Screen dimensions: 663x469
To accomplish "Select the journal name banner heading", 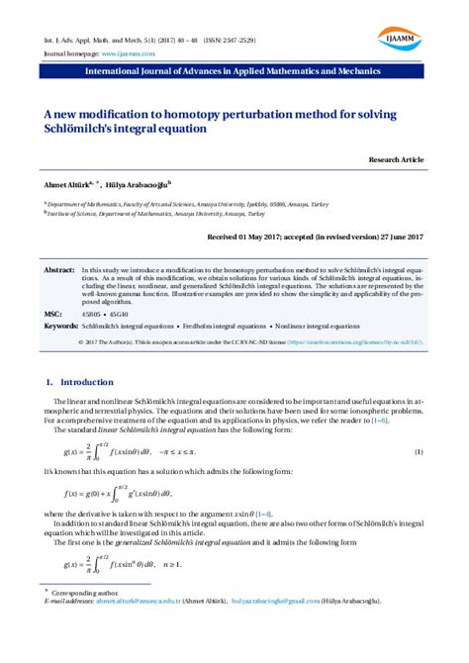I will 234,73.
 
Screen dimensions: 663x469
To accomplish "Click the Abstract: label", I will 59,269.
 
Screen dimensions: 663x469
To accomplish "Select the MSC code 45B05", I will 92,312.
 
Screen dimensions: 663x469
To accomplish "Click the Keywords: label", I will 61,325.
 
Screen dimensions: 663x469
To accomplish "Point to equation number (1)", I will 419,452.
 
